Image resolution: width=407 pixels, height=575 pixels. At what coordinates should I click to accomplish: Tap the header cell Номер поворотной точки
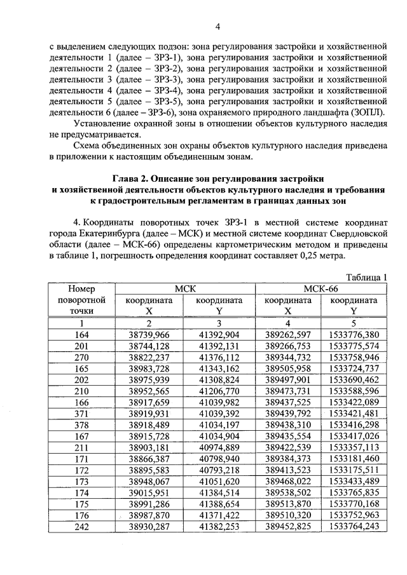(x=81, y=300)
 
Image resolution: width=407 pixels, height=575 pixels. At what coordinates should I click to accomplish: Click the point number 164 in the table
(x=81, y=334)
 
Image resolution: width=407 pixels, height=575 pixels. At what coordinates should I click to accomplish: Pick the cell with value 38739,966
(x=149, y=334)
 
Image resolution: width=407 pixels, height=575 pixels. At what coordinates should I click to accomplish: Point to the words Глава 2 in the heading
(x=132, y=177)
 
